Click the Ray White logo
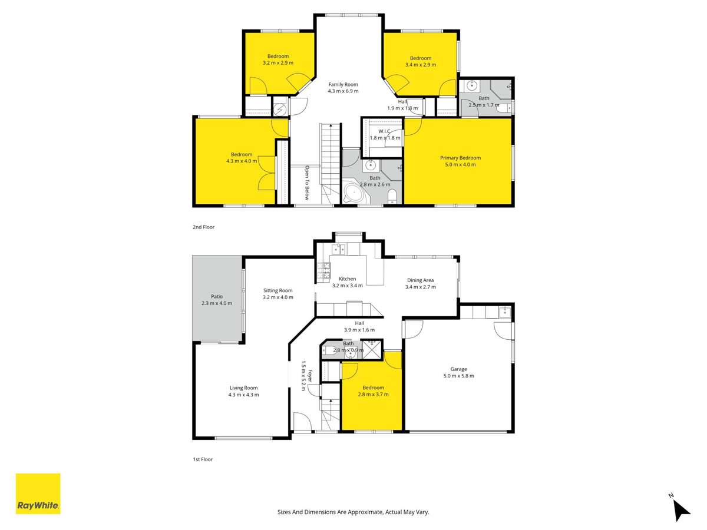coord(38,493)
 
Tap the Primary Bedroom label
coord(460,158)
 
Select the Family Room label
coord(343,84)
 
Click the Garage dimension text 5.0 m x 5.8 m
coord(458,376)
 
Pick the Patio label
coord(216,296)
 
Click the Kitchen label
coord(347,279)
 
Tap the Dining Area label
coord(420,280)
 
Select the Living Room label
coord(243,387)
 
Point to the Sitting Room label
coord(277,290)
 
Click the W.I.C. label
coord(384,131)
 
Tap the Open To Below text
coord(307,181)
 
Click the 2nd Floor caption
coord(203,227)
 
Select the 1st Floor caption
coord(203,459)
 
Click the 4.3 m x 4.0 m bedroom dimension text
coord(241,161)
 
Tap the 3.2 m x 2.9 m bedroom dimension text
coord(278,63)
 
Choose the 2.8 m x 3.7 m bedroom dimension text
coord(373,395)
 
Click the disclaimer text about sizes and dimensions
coord(353,512)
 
